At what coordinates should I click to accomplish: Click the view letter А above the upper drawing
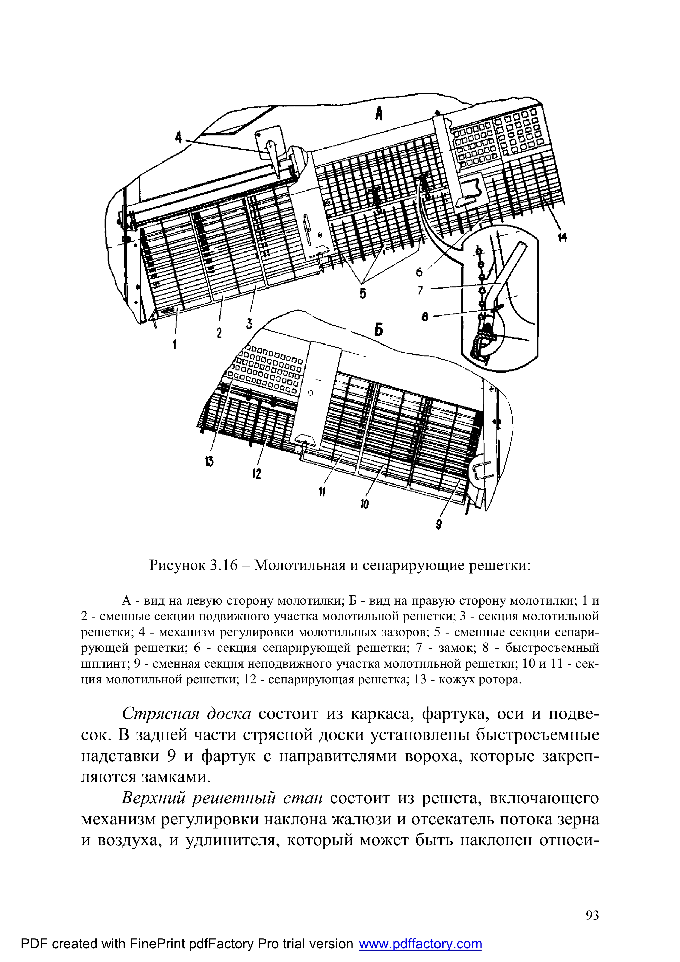coord(379,113)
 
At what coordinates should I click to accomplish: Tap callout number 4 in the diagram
coord(179,137)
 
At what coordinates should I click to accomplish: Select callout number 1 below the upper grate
coord(175,344)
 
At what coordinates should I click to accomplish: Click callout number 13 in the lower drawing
coord(209,461)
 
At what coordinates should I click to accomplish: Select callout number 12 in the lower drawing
coord(256,474)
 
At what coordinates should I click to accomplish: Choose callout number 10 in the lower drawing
coord(364,504)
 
